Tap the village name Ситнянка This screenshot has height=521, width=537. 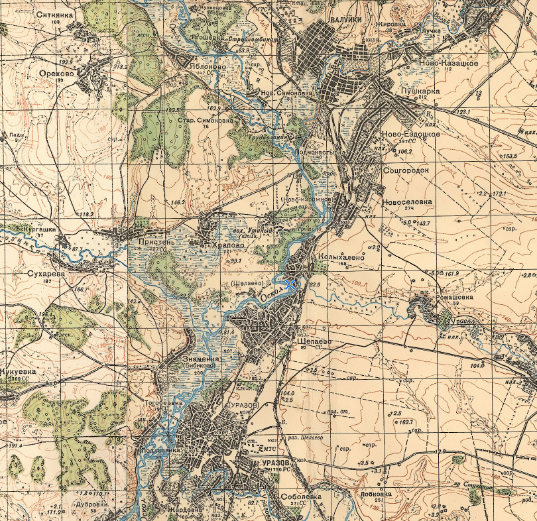[x=54, y=14]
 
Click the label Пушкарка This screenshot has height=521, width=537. [x=420, y=88]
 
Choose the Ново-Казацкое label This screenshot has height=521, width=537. [x=447, y=64]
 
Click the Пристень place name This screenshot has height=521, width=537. [x=156, y=243]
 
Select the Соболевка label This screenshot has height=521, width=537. [x=300, y=496]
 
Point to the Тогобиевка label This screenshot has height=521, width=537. [x=163, y=402]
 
